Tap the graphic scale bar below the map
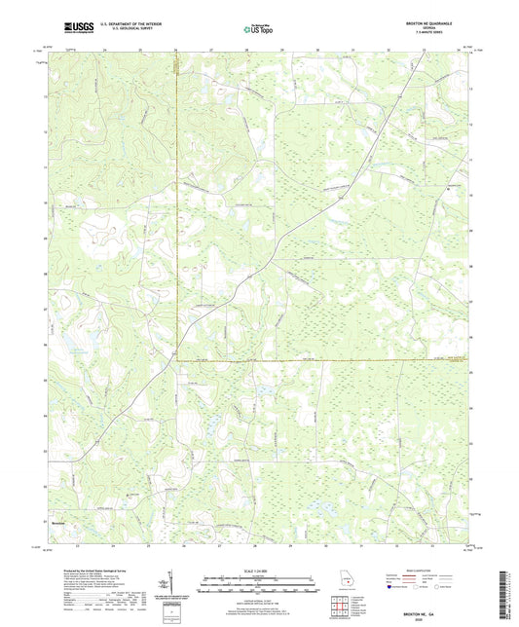(259, 585)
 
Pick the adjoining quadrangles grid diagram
(340, 607)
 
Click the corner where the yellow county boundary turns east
(175, 361)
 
